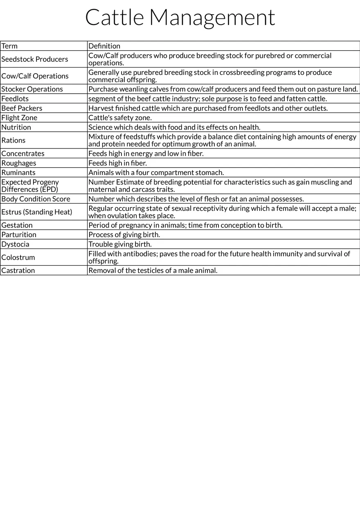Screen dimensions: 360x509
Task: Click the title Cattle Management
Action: point(180,18)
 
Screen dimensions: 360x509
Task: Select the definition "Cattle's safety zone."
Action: point(120,118)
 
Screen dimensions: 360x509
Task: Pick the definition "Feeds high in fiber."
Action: point(117,163)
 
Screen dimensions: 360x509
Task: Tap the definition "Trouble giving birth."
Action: point(120,244)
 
